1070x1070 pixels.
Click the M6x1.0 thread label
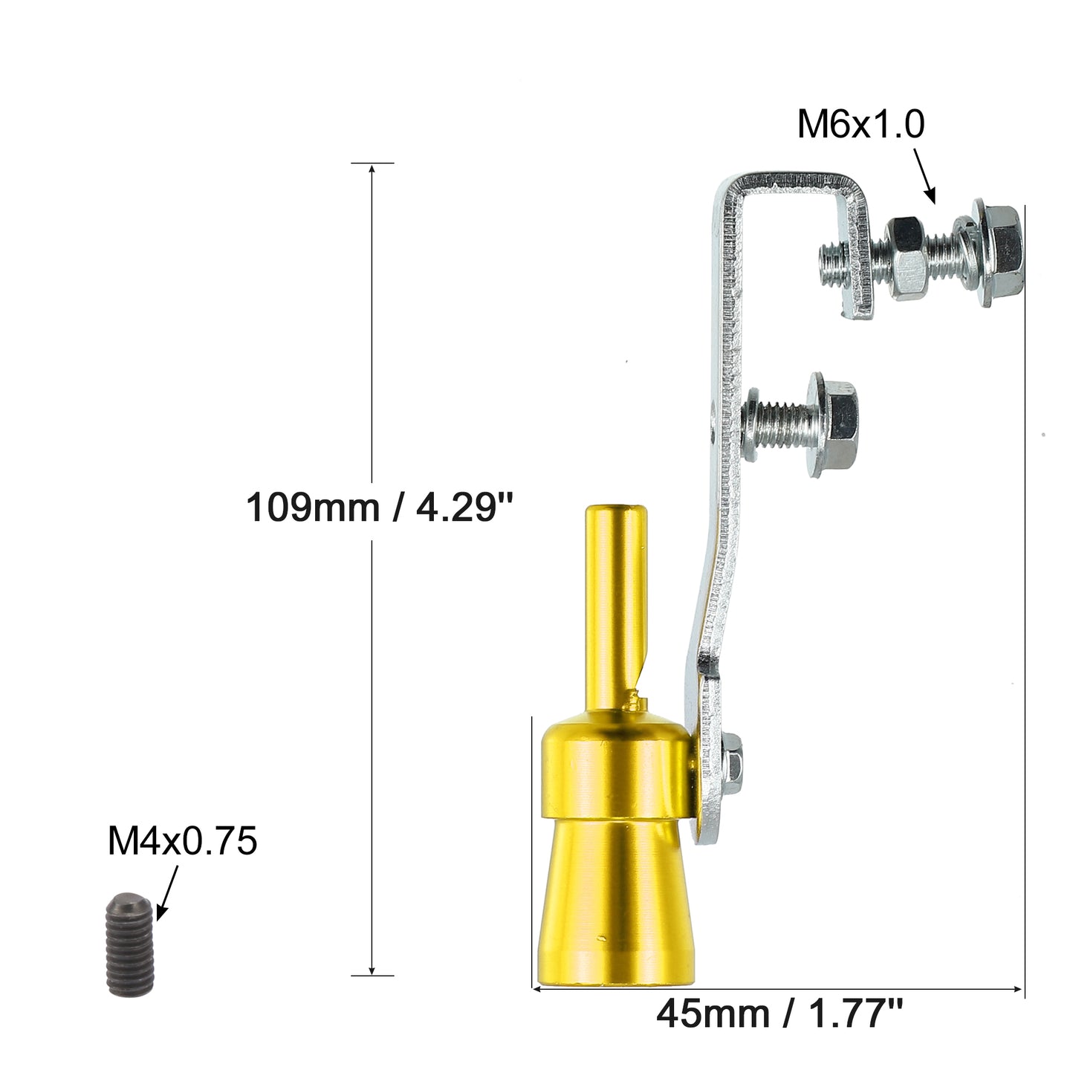860,124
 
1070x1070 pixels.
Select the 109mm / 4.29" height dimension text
379,507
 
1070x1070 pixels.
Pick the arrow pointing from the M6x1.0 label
924,176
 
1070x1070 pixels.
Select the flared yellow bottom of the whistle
616,913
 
